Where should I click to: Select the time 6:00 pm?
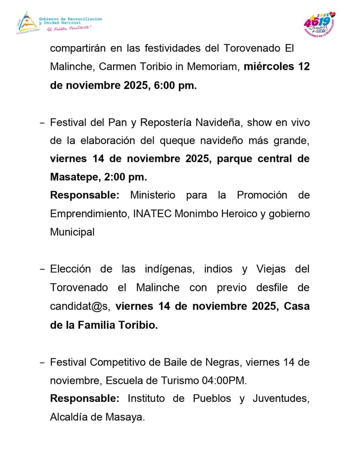click(175, 86)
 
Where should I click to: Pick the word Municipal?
click(72, 232)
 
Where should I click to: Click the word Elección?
click(70, 269)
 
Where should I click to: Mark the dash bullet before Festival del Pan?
click(42, 123)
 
